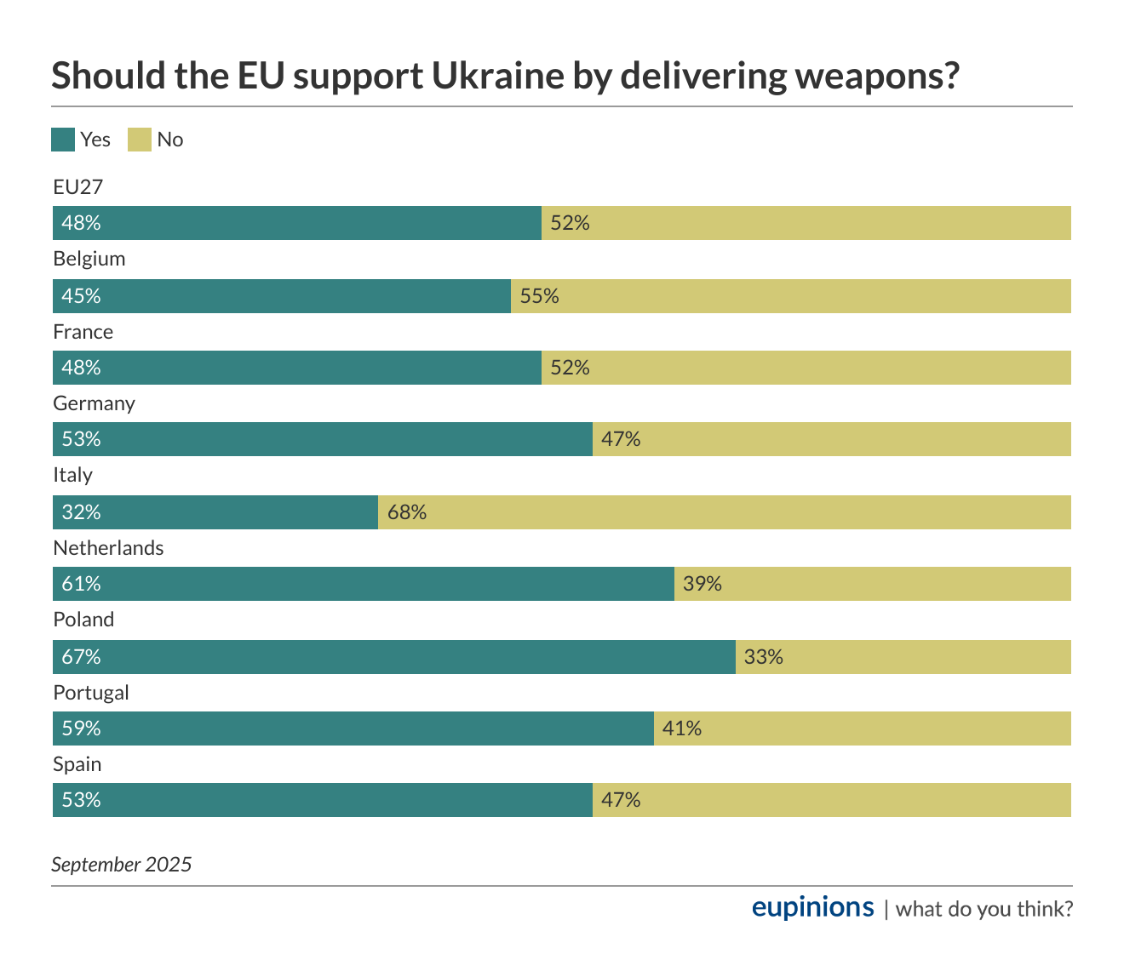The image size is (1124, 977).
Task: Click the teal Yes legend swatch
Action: coord(63,140)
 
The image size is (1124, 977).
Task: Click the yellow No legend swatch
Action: coord(140,140)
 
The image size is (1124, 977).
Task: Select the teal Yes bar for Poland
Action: coord(394,657)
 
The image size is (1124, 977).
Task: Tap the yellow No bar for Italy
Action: coord(725,512)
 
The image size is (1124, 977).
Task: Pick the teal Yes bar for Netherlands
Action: coord(364,584)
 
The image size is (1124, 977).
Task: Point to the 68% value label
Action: coord(407,512)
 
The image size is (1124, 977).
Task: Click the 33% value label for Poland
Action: coord(764,657)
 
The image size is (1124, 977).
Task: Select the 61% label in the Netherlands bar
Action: coord(81,584)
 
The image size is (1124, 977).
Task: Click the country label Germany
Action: coord(94,403)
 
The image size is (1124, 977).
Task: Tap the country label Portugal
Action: coord(91,693)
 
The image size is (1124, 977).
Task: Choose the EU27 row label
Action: coord(77,187)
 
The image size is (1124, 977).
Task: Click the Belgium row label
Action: coord(89,259)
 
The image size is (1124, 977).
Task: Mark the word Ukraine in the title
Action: coord(497,77)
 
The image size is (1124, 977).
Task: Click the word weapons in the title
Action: coord(876,77)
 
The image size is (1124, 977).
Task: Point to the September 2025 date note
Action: coord(122,865)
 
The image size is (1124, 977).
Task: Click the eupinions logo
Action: coord(812,907)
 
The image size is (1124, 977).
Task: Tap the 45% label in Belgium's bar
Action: coord(81,296)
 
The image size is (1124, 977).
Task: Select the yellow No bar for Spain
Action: coord(832,800)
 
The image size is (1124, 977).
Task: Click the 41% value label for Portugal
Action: coord(682,728)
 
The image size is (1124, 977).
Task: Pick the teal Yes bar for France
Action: coord(297,368)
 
